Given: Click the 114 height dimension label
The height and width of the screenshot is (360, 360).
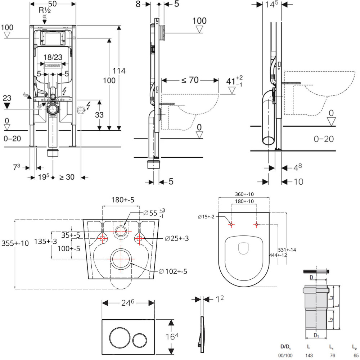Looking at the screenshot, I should (118, 71).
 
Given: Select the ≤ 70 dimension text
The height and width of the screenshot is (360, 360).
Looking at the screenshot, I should (190, 80).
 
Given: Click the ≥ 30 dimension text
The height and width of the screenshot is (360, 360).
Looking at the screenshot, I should (67, 177).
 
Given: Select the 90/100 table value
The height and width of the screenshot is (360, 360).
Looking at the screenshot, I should (286, 355).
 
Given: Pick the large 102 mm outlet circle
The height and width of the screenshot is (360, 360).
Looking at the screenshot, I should (121, 259).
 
